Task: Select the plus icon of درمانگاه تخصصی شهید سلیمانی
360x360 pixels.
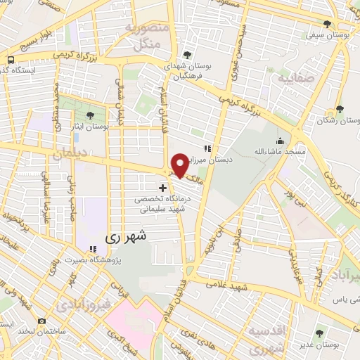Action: (x=163, y=188)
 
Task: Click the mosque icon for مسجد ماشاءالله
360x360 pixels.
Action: (x=281, y=140)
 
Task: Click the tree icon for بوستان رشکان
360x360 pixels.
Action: (x=340, y=108)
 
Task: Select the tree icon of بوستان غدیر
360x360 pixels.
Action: (x=319, y=333)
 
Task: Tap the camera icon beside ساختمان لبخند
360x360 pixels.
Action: (x=42, y=321)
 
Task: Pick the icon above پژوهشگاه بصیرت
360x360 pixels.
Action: (x=93, y=248)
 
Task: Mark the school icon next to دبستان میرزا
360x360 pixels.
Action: (x=207, y=148)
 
